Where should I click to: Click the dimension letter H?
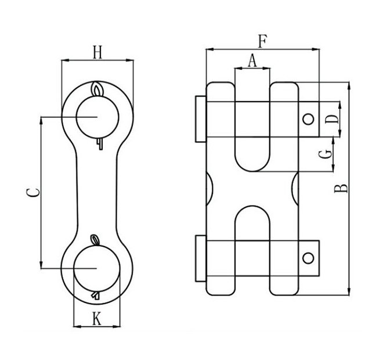coord(97,52)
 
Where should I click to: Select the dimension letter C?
coord(33,193)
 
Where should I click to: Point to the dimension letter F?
coord(262,41)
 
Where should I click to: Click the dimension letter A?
coord(252,60)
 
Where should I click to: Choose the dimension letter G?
coord(327,154)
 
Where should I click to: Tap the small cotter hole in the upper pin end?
coord(309,120)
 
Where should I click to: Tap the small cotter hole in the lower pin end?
coord(309,257)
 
